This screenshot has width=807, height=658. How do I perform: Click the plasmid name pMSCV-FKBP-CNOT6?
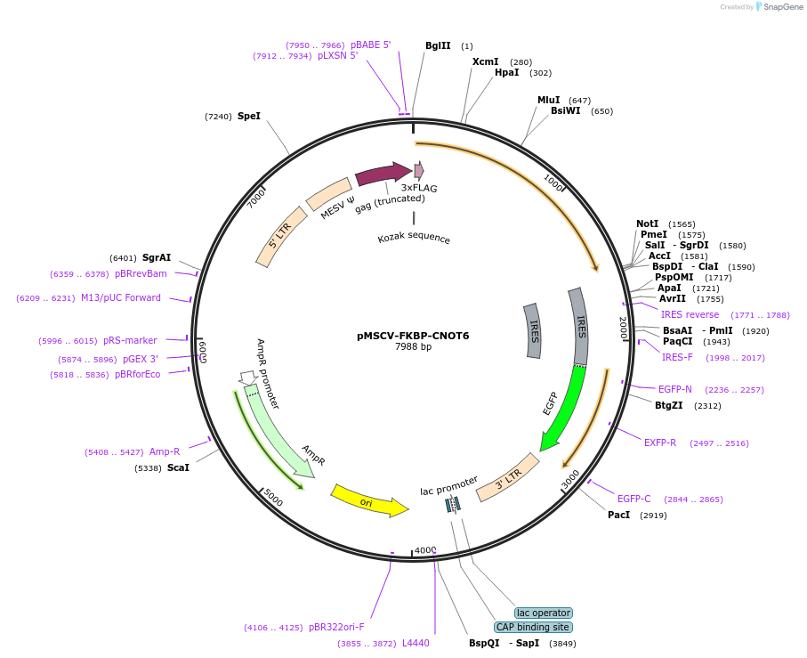413,336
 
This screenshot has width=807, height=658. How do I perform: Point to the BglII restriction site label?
438,45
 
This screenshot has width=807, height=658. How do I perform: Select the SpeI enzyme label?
249,116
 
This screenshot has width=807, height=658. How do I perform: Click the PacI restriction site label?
618,515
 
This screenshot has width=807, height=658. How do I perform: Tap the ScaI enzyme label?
178,467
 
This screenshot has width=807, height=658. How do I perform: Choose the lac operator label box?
544,613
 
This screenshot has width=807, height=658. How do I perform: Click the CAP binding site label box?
533,627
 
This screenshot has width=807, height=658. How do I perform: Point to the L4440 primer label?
416,643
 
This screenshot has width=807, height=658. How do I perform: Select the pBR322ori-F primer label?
336,627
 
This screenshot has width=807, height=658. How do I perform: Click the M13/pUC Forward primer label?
121,297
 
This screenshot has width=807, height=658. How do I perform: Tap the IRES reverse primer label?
690,314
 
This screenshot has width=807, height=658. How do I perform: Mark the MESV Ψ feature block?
328,194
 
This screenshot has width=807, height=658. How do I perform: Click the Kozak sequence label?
414,239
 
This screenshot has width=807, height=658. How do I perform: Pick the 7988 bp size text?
413,347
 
